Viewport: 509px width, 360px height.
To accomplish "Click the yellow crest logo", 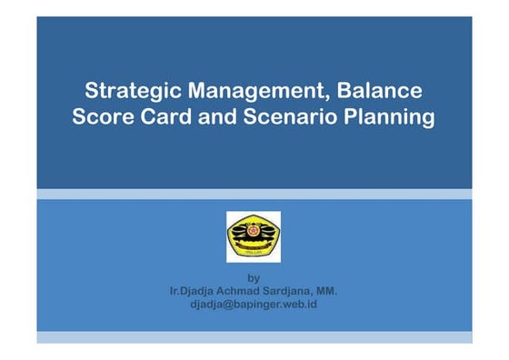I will coord(254,237).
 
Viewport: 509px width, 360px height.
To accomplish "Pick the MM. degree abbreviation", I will coord(326,291).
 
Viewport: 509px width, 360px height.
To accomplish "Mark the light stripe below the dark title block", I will coord(254,194).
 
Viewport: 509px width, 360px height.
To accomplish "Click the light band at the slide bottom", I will coord(254,337).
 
